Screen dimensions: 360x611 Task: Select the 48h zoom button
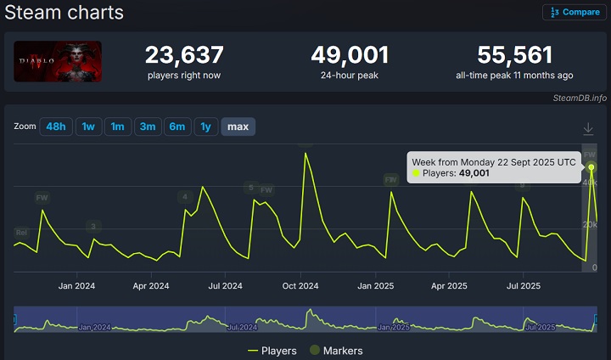56,127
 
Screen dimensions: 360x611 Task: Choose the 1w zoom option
87,127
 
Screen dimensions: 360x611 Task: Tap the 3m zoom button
148,127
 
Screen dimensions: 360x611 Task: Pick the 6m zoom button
177,127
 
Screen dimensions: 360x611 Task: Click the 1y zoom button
205,127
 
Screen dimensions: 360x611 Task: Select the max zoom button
238,127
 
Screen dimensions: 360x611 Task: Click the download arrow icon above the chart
588,128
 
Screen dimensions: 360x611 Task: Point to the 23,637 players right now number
184,55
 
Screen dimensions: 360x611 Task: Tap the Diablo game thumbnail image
58,61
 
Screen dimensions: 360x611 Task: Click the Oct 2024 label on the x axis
300,286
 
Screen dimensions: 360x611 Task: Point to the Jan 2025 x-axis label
374,286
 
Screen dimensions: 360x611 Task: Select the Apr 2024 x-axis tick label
150,286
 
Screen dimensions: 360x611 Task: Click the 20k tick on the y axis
589,224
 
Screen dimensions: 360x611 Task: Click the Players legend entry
272,351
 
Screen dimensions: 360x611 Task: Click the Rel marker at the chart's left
21,232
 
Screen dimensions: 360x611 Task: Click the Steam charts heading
64,13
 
